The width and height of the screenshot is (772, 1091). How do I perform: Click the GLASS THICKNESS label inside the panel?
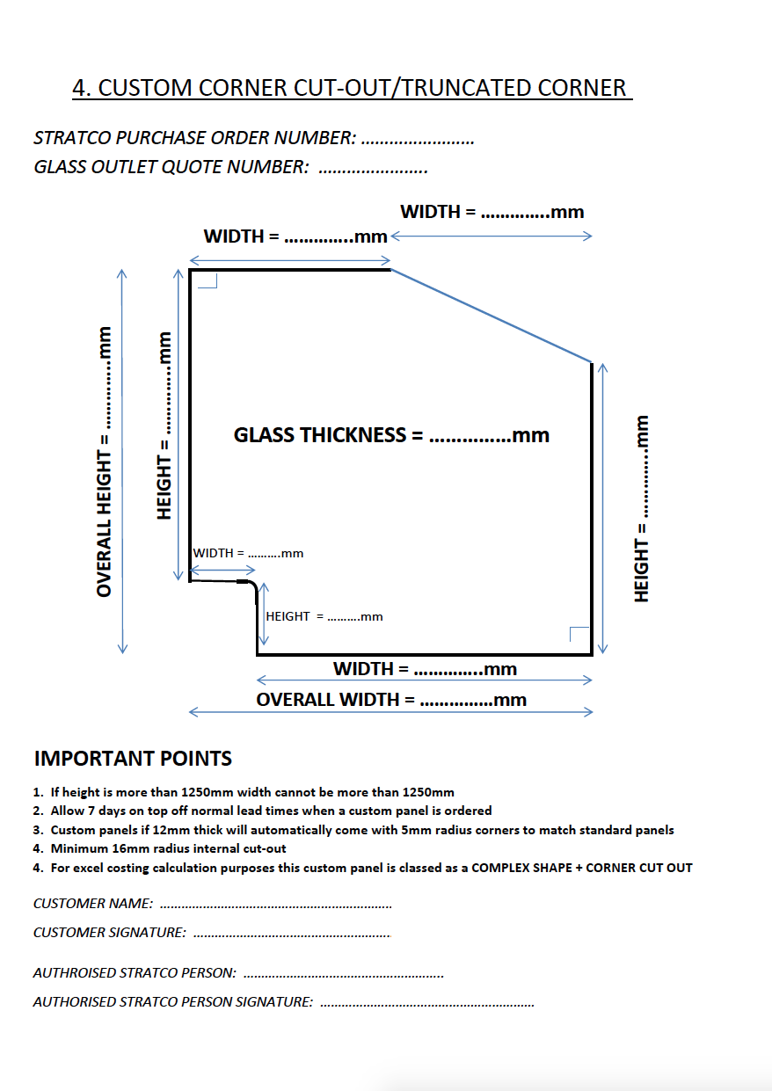point(391,435)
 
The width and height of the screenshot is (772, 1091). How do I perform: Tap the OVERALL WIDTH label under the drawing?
point(391,700)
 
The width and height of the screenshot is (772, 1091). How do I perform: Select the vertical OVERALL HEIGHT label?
point(105,462)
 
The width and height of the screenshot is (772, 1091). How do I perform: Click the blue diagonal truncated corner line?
point(491,316)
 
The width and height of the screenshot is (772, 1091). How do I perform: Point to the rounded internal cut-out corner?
point(252,585)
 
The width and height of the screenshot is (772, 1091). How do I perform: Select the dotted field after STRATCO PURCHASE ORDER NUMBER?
point(418,139)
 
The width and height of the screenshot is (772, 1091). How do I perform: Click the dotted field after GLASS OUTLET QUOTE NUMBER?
point(373,168)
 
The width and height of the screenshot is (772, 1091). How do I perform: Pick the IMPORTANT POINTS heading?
point(133,759)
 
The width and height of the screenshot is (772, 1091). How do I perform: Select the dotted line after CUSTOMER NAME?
point(276,905)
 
